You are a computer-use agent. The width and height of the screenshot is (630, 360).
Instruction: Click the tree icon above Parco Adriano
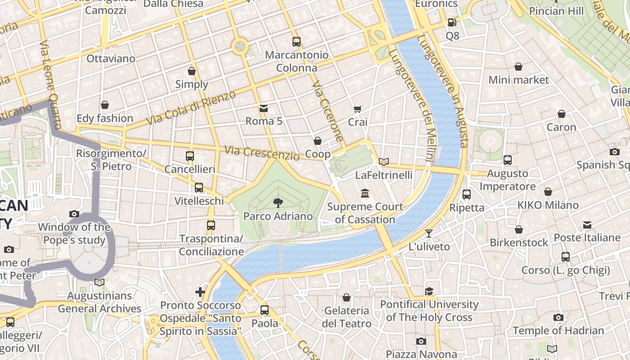point(278,203)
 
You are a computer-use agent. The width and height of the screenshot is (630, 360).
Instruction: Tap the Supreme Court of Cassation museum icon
point(365,193)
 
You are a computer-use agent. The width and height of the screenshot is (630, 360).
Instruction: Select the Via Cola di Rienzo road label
point(191,108)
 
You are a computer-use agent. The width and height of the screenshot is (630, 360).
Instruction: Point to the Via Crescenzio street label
point(262,153)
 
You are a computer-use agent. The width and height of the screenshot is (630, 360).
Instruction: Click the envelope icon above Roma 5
point(264,108)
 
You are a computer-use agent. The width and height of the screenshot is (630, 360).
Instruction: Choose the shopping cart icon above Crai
point(358,108)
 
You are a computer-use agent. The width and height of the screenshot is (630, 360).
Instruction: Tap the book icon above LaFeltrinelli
point(383,162)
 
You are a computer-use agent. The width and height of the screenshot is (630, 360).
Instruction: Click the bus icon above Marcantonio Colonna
point(296,42)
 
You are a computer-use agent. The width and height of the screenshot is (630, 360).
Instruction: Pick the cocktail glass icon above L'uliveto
point(429,233)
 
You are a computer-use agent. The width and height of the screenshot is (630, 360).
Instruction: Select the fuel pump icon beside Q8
point(452,22)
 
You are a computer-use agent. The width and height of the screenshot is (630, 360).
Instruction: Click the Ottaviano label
point(111,58)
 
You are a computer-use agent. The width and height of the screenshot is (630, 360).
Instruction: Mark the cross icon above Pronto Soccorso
point(200,292)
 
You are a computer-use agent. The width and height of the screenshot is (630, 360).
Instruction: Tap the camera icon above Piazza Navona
point(421,341)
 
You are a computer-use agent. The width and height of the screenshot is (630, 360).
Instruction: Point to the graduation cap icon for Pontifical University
point(429,291)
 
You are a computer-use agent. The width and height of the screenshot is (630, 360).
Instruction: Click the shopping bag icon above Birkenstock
point(519,229)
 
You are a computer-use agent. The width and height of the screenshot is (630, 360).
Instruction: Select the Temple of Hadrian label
point(558,331)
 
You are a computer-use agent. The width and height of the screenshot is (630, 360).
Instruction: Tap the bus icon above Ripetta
point(467,194)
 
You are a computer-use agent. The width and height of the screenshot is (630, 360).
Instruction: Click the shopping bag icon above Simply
point(192,71)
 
